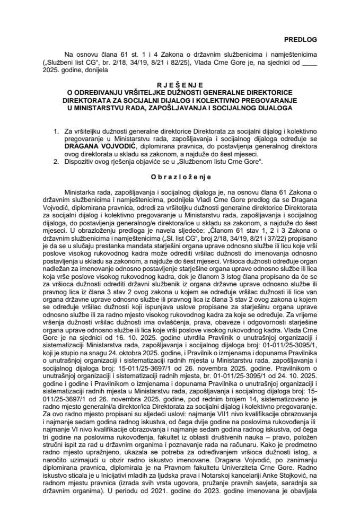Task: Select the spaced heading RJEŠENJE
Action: (180, 85)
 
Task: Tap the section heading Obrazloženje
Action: (180, 178)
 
